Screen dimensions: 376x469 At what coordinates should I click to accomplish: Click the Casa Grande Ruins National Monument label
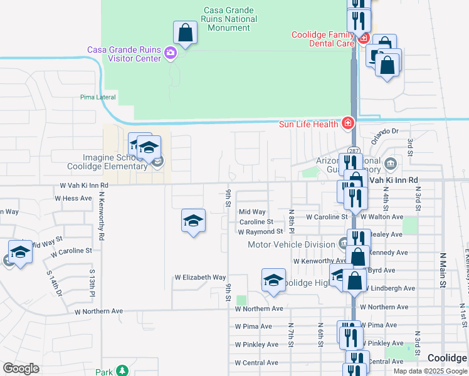pyautogui.click(x=230, y=19)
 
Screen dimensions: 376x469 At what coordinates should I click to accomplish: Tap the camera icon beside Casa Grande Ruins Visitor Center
pyautogui.click(x=170, y=53)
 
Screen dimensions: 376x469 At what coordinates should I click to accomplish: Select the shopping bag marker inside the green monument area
pyautogui.click(x=185, y=33)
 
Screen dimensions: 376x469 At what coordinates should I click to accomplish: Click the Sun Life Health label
pyautogui.click(x=309, y=124)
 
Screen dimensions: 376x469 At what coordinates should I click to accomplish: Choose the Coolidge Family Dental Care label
pyautogui.click(x=323, y=39)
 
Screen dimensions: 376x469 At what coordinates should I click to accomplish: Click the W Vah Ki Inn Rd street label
pyautogui.click(x=84, y=185)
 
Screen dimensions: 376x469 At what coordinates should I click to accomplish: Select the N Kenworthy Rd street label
pyautogui.click(x=101, y=217)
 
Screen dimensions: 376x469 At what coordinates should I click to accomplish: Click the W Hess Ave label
pyautogui.click(x=73, y=198)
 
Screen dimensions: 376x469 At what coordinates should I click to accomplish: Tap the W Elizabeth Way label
pyautogui.click(x=200, y=277)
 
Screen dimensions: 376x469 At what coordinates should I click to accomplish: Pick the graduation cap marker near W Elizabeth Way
pyautogui.click(x=273, y=281)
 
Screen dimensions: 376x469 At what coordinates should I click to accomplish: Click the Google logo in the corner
pyautogui.click(x=21, y=368)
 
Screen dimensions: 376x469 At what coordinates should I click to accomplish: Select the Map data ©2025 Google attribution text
pyautogui.click(x=429, y=371)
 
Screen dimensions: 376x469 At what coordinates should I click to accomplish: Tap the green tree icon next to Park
pyautogui.click(x=122, y=371)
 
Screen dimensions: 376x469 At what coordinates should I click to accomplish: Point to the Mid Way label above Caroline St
pyautogui.click(x=252, y=212)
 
